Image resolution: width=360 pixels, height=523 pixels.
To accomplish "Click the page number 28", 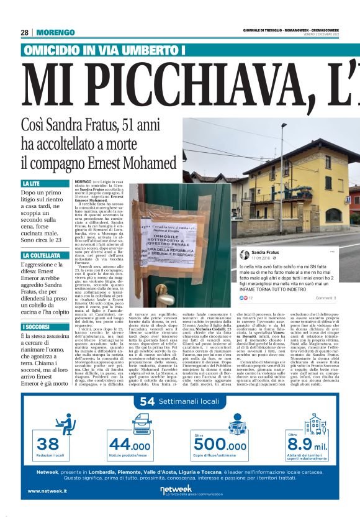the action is coord(25,32).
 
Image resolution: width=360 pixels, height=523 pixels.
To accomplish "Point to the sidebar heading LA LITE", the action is coord(32,184).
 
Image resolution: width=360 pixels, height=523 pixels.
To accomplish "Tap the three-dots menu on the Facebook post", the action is coord(333,252).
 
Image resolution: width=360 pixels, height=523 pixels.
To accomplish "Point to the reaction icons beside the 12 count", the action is coord(243,298).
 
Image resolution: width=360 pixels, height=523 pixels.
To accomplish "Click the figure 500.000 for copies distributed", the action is coord(220,445).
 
